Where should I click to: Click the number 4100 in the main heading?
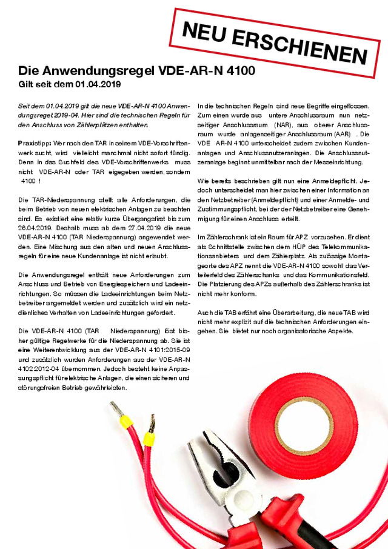[234, 70]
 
